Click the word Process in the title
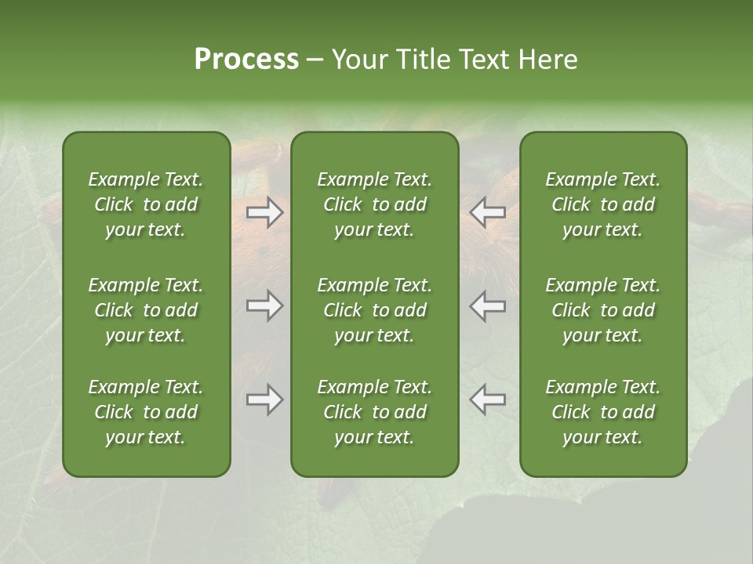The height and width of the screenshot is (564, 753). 246,60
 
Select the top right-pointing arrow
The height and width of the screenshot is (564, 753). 265,212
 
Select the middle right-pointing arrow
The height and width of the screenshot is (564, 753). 265,305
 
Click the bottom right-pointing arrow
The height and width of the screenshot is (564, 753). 265,399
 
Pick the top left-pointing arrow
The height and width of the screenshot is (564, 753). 487,212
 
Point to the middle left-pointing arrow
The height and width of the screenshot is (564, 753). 487,305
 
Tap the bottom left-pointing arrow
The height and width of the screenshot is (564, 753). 487,399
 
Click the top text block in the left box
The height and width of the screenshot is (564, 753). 146,204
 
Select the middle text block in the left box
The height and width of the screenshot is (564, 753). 146,310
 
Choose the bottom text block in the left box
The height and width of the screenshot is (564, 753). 146,412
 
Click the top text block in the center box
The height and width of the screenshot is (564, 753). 374,204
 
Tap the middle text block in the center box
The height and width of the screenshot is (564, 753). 374,310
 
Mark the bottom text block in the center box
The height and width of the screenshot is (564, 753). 374,412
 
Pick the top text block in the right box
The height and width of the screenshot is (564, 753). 602,204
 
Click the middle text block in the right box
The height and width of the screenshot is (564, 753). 602,310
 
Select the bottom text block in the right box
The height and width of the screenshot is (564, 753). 602,412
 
